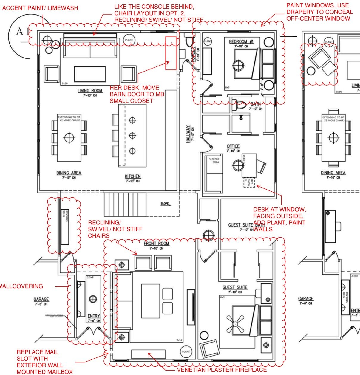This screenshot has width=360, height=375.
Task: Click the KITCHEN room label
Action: (133, 176)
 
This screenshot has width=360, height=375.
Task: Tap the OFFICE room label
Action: (233, 146)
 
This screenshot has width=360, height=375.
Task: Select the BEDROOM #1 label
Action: (241, 41)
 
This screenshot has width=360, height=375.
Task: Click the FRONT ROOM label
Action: (156, 244)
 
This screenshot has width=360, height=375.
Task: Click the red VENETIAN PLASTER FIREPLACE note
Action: (222, 370)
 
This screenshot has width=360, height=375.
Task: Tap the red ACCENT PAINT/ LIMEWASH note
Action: (40, 8)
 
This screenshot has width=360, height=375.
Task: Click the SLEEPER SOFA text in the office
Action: (214, 161)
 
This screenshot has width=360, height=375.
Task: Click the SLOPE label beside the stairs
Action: (165, 204)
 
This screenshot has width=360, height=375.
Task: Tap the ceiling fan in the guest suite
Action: (235, 323)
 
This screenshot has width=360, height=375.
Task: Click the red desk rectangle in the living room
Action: (171, 53)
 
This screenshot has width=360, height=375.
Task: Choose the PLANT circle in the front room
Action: (186, 351)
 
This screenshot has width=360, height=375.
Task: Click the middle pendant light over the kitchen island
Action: (132, 136)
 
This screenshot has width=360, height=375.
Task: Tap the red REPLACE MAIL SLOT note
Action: (40, 362)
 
